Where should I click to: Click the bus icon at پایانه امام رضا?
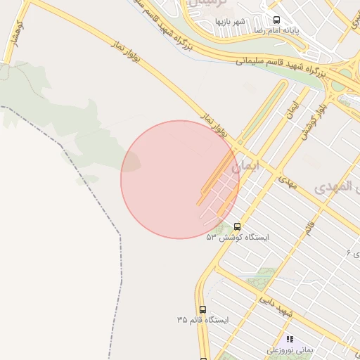coord(276,20)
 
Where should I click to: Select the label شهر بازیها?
coord(231,21)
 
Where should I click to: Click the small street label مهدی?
coord(288,184)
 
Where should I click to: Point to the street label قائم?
coord(309,227)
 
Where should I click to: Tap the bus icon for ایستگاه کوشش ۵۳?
coord(237,227)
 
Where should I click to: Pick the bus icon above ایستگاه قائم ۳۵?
coord(202,309)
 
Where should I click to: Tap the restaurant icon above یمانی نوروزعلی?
coord(290,339)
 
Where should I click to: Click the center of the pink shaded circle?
coord(180,179)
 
